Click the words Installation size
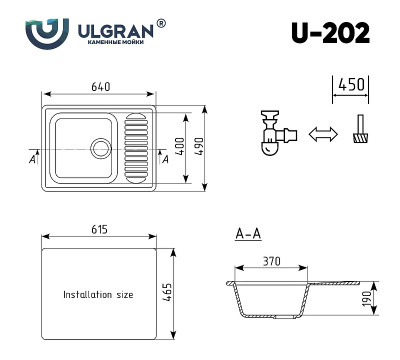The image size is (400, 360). [x=98, y=296]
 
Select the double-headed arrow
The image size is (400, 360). [x=319, y=133]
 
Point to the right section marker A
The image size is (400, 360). [x=165, y=157]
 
